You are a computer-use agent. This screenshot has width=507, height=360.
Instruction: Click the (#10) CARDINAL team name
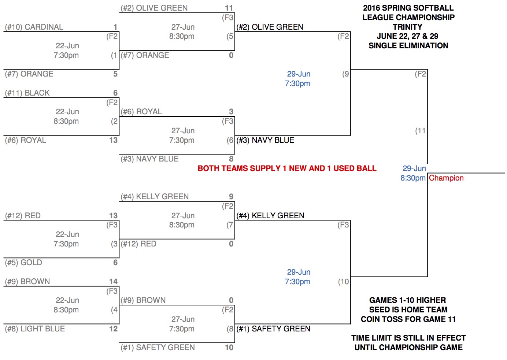pos(34,27)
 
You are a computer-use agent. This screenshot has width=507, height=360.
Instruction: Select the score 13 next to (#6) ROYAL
pos(113,140)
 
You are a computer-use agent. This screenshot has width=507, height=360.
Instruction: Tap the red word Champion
pos(446,178)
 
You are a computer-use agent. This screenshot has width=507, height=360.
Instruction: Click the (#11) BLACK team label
pos(27,93)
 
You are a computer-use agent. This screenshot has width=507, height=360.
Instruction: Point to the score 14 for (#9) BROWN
pos(113,282)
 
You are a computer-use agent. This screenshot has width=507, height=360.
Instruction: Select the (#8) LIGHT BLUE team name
pos(35,329)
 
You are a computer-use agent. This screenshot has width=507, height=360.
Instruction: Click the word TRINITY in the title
pos(407,27)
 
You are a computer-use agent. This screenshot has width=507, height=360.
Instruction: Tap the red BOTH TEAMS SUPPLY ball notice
pos(287,168)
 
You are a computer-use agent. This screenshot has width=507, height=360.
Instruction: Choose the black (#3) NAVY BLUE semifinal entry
pos(265,140)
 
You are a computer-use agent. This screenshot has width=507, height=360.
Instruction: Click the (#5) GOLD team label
pos(23,263)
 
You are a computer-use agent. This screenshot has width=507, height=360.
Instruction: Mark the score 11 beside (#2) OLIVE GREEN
pos(229,8)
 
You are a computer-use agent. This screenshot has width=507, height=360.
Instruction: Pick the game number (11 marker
pos(420,131)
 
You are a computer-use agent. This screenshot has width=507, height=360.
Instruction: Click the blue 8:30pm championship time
pos(413,178)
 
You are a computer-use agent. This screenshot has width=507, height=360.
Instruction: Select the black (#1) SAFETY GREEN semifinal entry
pos(273,329)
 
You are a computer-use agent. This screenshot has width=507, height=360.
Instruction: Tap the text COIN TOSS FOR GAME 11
pos(408,319)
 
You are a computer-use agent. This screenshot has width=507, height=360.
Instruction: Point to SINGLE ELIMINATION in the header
pos(408,46)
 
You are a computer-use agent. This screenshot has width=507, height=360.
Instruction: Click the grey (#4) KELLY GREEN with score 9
pos(155,197)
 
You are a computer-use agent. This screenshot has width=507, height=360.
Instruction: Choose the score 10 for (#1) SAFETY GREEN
pos(229,348)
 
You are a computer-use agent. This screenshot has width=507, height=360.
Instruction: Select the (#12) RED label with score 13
pos(23,216)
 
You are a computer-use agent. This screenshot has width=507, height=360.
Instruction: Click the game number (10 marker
pos(343,282)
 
